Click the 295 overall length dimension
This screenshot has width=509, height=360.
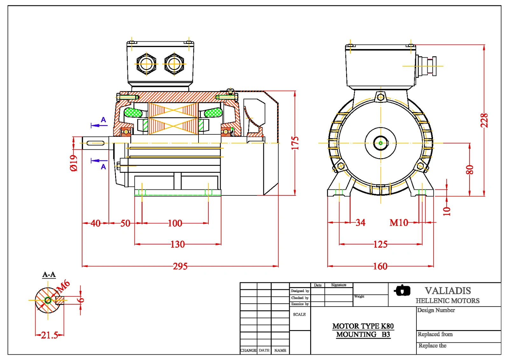[x=180, y=266]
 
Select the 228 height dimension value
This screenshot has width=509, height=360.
[x=484, y=120]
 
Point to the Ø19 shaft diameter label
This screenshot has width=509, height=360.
[x=73, y=163]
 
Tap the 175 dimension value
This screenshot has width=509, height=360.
[x=295, y=143]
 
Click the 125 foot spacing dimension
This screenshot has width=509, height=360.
[x=380, y=244]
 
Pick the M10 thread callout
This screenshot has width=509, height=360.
[x=399, y=222]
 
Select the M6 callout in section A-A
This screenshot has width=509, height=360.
[x=63, y=286]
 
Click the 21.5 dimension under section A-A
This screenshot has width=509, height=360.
[x=49, y=335]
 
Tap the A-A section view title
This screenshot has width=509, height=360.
[x=49, y=274]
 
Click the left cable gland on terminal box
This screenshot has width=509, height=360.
[x=146, y=64]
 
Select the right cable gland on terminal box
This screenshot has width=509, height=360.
[x=174, y=64]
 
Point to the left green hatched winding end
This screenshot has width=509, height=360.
[x=133, y=112]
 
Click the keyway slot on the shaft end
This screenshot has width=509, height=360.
[x=95, y=143]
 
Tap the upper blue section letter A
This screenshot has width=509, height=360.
[x=103, y=120]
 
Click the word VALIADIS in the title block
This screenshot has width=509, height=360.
[x=448, y=291]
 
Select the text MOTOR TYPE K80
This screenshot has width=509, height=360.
[x=363, y=326]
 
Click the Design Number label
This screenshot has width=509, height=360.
[x=436, y=310]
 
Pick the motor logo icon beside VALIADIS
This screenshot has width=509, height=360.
[x=402, y=290]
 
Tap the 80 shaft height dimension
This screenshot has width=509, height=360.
[x=470, y=169]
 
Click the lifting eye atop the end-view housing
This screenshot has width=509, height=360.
[x=380, y=97]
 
